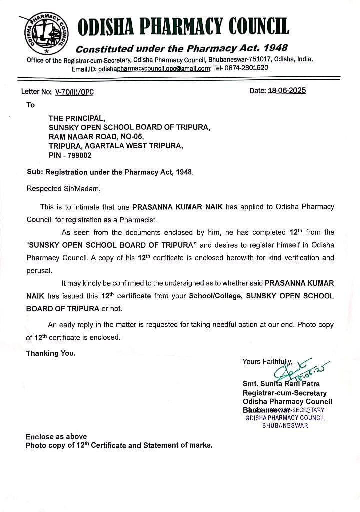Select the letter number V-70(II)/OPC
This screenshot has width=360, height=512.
74,92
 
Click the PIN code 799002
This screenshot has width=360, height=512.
75,155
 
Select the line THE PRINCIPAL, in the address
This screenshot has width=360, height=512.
77,118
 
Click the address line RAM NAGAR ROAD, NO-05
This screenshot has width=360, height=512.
96,137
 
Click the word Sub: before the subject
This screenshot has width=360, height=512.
34,171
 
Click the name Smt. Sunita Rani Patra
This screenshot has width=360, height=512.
281,384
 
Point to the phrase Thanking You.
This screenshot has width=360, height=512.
51,353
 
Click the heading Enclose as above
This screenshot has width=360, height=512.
56,436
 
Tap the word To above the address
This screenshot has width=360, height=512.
31,105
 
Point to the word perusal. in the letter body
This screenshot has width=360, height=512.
39,270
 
